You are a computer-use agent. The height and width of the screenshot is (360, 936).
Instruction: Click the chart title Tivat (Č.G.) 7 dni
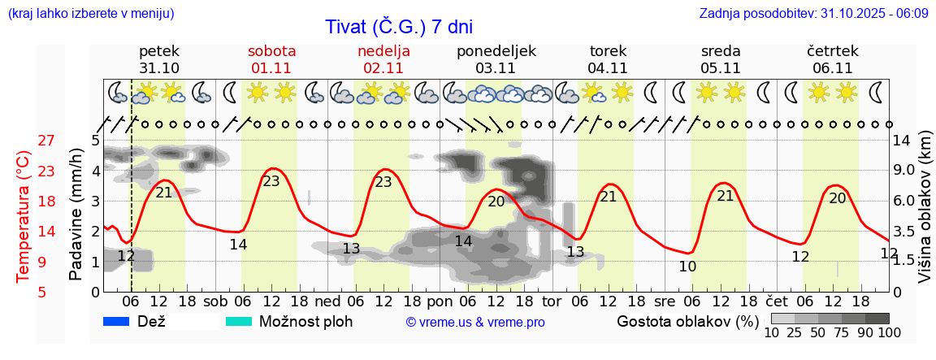pyautogui.click(x=399, y=26)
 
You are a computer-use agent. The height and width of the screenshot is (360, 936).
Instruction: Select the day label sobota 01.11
pyautogui.click(x=271, y=59)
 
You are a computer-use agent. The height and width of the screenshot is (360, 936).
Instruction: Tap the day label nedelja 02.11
pyautogui.click(x=383, y=59)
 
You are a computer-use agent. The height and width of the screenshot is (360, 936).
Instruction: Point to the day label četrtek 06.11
pyautogui.click(x=832, y=59)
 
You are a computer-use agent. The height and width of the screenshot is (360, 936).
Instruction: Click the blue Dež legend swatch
pyautogui.click(x=117, y=322)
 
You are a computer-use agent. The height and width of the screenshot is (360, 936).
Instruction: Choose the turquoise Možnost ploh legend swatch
pyautogui.click(x=238, y=322)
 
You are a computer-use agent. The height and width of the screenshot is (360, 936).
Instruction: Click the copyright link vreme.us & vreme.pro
pyautogui.click(x=474, y=323)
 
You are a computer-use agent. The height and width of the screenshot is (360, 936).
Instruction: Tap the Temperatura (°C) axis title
pyautogui.click(x=24, y=216)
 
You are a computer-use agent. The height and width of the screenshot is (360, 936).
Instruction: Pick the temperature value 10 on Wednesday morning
pyautogui.click(x=687, y=267)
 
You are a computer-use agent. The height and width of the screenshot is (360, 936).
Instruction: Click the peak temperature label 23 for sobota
pyautogui.click(x=271, y=181)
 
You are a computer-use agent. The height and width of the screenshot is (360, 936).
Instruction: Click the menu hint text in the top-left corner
pyautogui.click(x=90, y=14)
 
